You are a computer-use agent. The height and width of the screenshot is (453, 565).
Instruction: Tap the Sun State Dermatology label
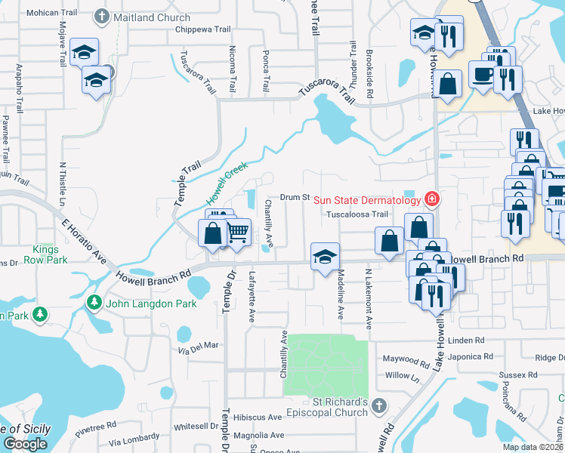click(366, 200)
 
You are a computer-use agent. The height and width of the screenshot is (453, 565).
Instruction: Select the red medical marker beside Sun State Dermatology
click(431, 199)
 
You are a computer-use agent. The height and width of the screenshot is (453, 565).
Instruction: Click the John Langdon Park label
click(151, 304)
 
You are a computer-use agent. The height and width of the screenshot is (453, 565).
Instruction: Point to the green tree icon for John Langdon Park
click(94, 304)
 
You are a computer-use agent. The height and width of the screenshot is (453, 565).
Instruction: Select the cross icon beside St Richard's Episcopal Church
click(378, 406)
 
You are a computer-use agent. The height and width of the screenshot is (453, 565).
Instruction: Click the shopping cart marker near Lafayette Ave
click(238, 233)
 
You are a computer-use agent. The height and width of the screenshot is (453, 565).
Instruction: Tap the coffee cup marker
click(483, 75)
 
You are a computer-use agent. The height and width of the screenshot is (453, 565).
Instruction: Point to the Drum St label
click(295, 198)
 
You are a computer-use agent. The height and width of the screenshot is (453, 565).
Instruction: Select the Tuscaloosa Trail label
click(357, 214)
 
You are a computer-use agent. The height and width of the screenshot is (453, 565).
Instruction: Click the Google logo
click(26, 444)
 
